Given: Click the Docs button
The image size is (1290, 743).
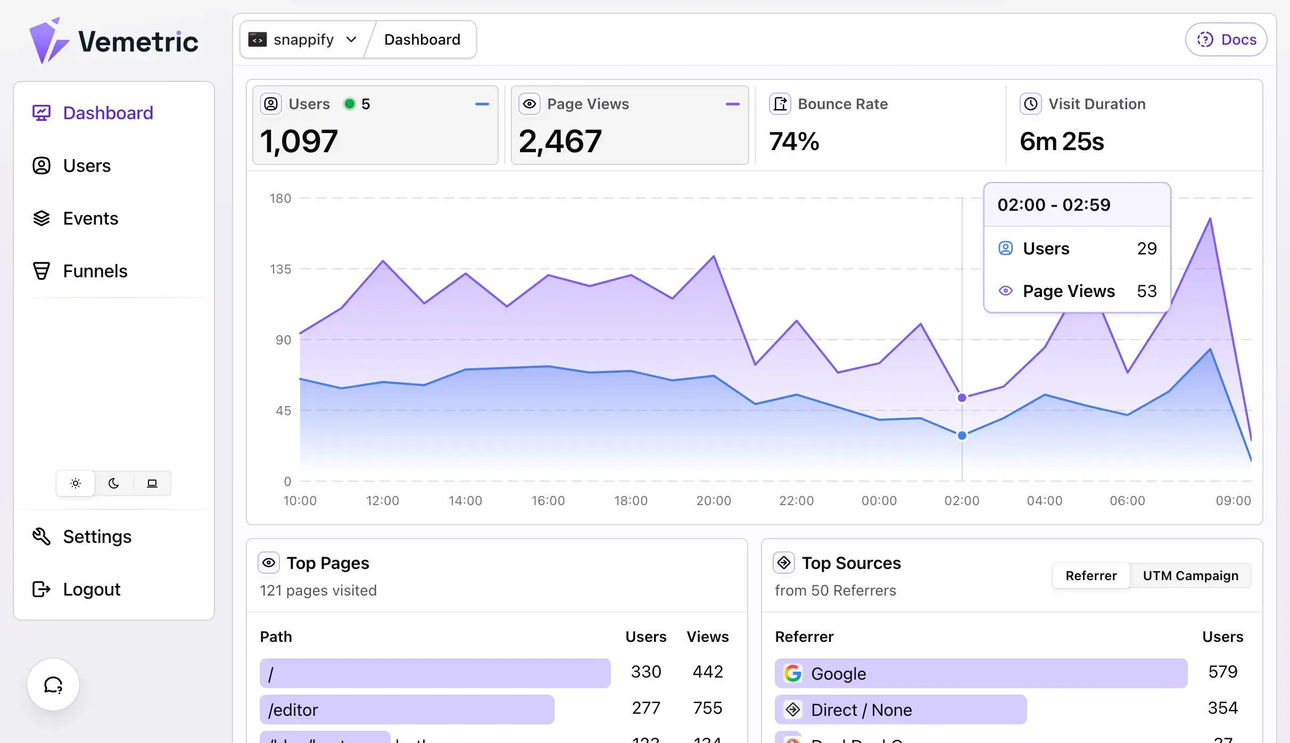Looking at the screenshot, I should tap(1226, 40).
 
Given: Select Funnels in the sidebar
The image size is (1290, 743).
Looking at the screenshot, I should tap(95, 271).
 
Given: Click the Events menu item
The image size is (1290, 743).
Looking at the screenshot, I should tap(90, 219).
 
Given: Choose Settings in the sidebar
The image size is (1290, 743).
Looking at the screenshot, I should tap(97, 536).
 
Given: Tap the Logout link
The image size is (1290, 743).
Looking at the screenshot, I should tap(92, 589).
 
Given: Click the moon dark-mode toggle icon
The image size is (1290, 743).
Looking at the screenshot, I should tap(114, 483).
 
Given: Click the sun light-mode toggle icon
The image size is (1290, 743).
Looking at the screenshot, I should tap(76, 483).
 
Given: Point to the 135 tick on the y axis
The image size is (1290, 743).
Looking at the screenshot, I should tap(280, 269).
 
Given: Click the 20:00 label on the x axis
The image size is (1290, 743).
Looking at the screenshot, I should tap(714, 501).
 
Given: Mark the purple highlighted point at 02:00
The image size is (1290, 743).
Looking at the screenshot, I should tap(962, 398).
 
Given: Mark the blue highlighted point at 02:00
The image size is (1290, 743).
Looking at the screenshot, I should tap(962, 435).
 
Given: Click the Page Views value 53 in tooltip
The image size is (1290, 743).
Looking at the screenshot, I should tap(1147, 291).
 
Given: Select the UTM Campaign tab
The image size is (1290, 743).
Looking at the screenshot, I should tap(1190, 576).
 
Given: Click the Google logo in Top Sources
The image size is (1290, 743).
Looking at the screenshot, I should tap(793, 673).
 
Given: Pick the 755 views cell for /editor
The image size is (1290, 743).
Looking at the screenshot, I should tap(707, 708).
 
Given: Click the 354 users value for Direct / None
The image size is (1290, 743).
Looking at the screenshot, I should tap(1222, 708).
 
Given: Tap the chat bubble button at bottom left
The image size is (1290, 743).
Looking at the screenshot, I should tap(53, 684).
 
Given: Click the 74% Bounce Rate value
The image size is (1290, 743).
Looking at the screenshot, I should tap(794, 142).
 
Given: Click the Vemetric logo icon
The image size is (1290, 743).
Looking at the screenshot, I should tap(48, 41).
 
